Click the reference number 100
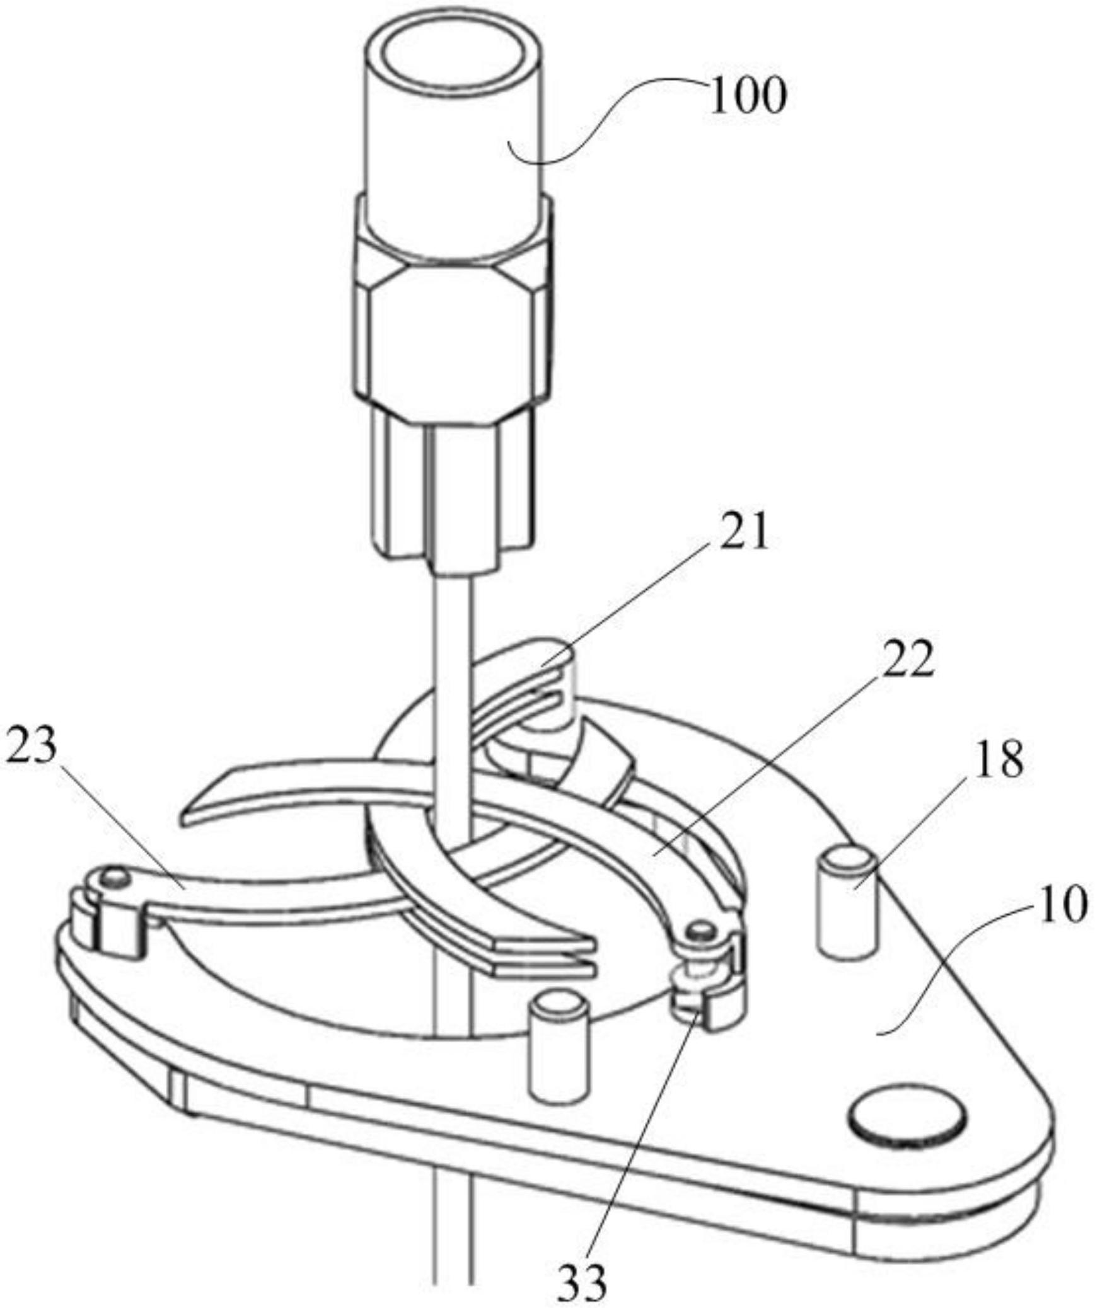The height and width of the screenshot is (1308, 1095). [x=748, y=96]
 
